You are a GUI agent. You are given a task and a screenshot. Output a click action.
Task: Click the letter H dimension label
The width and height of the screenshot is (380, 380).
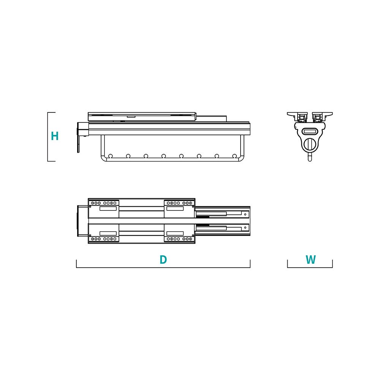55,136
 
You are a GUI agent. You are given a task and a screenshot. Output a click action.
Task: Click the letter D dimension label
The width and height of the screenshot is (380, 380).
163,260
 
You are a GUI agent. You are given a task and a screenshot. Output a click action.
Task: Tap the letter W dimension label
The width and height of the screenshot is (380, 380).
310,260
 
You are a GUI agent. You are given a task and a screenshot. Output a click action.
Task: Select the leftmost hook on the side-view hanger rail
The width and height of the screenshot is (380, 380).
111,156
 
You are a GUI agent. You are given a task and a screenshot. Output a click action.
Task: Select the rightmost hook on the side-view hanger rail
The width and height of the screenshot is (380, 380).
234,156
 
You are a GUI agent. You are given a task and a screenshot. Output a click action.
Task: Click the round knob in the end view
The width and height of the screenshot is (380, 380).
310,145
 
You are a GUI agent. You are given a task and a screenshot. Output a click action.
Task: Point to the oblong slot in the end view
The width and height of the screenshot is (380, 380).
310,131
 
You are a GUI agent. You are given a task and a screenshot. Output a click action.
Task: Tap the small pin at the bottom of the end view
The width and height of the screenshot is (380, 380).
310,157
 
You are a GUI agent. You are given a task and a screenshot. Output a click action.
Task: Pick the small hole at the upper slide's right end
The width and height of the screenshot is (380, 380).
245,214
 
